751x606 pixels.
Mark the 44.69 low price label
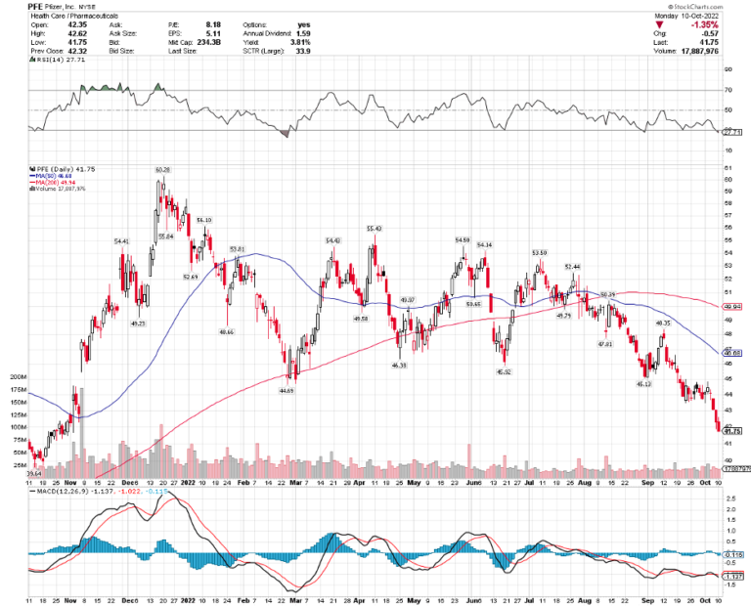pos(287,390)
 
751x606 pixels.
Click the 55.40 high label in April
pos(373,228)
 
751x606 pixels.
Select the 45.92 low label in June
pos(503,371)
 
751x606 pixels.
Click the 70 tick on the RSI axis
pos(729,90)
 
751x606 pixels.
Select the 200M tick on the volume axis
pos(16,376)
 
